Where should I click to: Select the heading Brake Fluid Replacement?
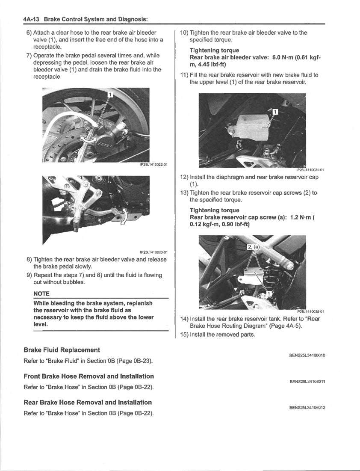click(62, 350)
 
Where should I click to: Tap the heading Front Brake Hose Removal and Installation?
click(89, 376)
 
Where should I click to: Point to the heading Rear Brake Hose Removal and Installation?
click(88, 403)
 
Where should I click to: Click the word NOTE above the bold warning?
click(41, 293)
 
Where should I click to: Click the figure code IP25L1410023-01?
click(153, 252)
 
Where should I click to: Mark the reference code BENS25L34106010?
click(307, 355)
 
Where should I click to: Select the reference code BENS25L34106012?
click(307, 408)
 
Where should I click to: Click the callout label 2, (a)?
click(254, 247)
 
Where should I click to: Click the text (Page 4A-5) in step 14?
click(285, 326)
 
